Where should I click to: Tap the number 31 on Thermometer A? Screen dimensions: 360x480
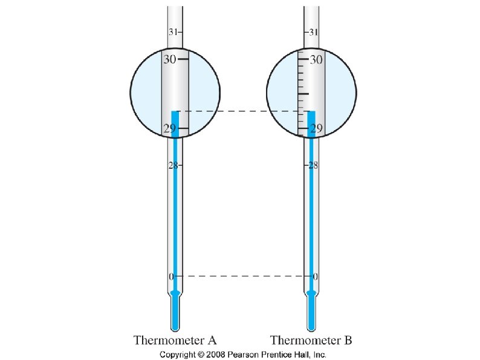(172, 31)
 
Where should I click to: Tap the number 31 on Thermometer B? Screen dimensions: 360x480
(314, 31)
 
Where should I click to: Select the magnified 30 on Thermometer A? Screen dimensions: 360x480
(169, 59)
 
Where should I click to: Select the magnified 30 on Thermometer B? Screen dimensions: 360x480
(316, 59)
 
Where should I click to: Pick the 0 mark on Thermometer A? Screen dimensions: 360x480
(171, 276)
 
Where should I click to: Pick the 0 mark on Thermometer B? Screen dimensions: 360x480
(315, 276)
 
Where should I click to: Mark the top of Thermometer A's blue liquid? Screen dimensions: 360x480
(175, 112)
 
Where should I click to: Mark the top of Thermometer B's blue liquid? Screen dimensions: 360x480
(311, 112)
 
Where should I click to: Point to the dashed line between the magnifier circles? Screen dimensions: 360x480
(242, 111)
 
